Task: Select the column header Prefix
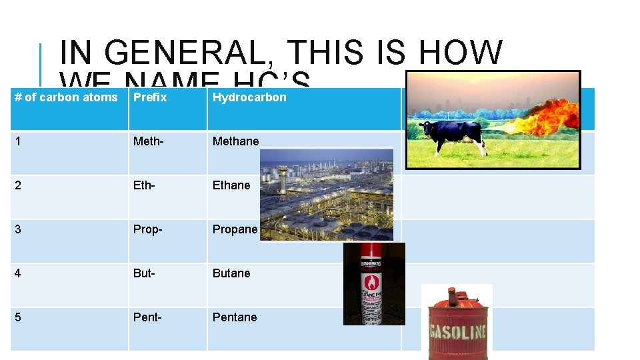pyautogui.click(x=150, y=97)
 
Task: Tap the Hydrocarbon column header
pyautogui.click(x=249, y=97)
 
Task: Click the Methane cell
pyautogui.click(x=235, y=141)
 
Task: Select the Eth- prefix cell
pyautogui.click(x=145, y=185)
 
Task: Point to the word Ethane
pyautogui.click(x=231, y=185)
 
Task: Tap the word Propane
pyautogui.click(x=235, y=229)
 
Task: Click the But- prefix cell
pyautogui.click(x=145, y=273)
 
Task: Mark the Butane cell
pyautogui.click(x=231, y=273)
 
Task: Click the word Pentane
pyautogui.click(x=235, y=317)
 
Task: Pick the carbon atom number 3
pyautogui.click(x=17, y=229)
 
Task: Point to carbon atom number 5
pyautogui.click(x=17, y=317)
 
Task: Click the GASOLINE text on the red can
pyautogui.click(x=457, y=331)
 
